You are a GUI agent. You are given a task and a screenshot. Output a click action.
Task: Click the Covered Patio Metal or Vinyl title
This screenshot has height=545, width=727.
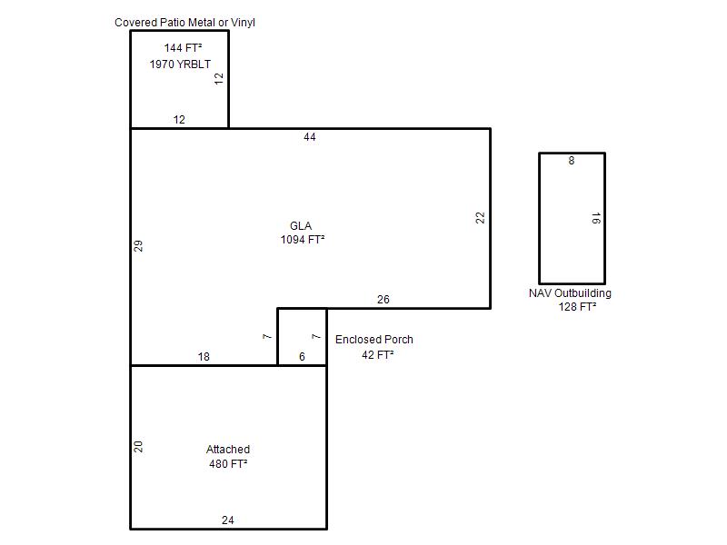coord(184,22)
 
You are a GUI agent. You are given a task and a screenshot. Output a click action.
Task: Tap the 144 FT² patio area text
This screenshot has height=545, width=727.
coord(183,48)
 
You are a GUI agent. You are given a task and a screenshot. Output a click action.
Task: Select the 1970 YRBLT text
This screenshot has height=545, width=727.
coord(180,64)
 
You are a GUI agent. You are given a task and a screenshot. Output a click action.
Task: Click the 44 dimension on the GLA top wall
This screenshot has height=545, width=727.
coord(310,137)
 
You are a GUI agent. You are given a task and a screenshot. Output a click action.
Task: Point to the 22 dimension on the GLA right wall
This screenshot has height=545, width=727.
coord(480,218)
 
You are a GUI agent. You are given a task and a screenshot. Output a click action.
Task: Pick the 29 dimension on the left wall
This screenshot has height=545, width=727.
coord(138,246)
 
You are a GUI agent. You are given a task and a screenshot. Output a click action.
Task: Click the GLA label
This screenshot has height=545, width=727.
coord(301,225)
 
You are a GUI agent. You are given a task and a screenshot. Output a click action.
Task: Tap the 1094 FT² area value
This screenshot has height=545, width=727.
coord(303,240)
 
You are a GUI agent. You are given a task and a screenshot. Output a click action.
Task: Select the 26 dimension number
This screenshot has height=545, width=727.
coord(383,300)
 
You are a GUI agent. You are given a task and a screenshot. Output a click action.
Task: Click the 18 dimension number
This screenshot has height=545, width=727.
coord(204,357)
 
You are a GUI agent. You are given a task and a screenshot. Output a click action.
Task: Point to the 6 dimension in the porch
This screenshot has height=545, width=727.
coord(302,357)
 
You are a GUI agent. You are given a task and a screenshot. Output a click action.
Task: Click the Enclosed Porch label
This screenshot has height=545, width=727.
coord(374,339)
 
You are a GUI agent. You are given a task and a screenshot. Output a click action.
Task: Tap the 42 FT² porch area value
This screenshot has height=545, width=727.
coord(377,354)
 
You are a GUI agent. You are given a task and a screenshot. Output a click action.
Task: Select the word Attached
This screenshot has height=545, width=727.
coord(228,449)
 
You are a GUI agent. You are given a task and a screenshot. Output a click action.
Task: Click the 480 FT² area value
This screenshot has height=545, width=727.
coord(228,464)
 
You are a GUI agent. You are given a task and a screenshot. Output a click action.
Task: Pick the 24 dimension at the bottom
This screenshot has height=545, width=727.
coord(228,520)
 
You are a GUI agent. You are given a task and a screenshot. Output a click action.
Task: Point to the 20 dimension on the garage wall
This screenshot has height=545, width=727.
coord(138,447)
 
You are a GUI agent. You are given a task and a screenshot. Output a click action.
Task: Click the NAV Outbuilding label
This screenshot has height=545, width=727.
coord(570,292)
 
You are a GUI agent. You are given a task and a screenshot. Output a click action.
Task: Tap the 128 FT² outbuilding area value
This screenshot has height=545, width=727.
coord(577,307)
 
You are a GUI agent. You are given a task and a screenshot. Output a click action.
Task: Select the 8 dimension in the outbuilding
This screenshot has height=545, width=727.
coord(572,161)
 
